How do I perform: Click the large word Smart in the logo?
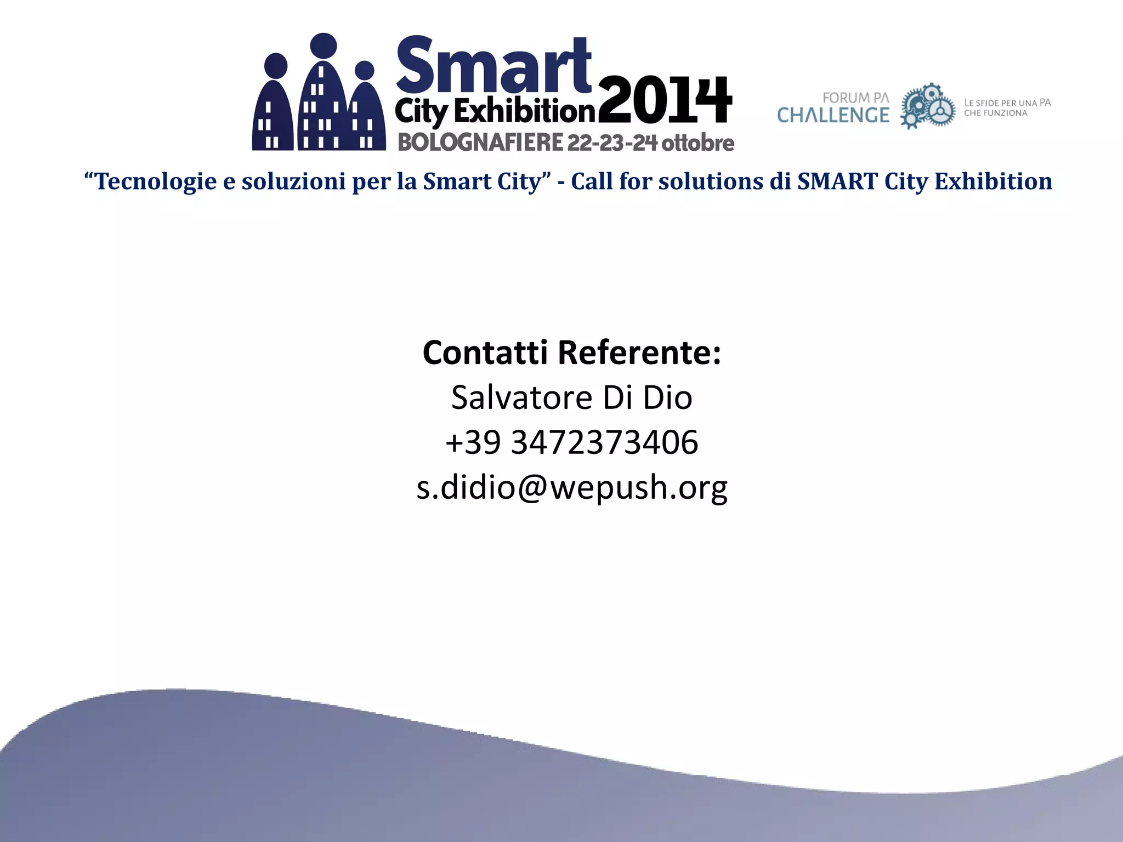[494, 66]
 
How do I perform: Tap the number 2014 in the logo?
[665, 101]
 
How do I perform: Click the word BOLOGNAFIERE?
[480, 143]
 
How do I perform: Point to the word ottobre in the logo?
[697, 143]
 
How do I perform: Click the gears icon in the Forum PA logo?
[928, 106]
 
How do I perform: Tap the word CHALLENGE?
[833, 115]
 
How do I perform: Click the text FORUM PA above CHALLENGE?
[855, 98]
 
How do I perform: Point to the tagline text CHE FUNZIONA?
[995, 113]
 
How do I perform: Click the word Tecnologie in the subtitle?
[156, 181]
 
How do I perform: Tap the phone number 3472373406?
[604, 442]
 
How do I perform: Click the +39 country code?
[473, 442]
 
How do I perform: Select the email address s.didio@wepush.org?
[572, 487]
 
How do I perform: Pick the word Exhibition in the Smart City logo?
[524, 112]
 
